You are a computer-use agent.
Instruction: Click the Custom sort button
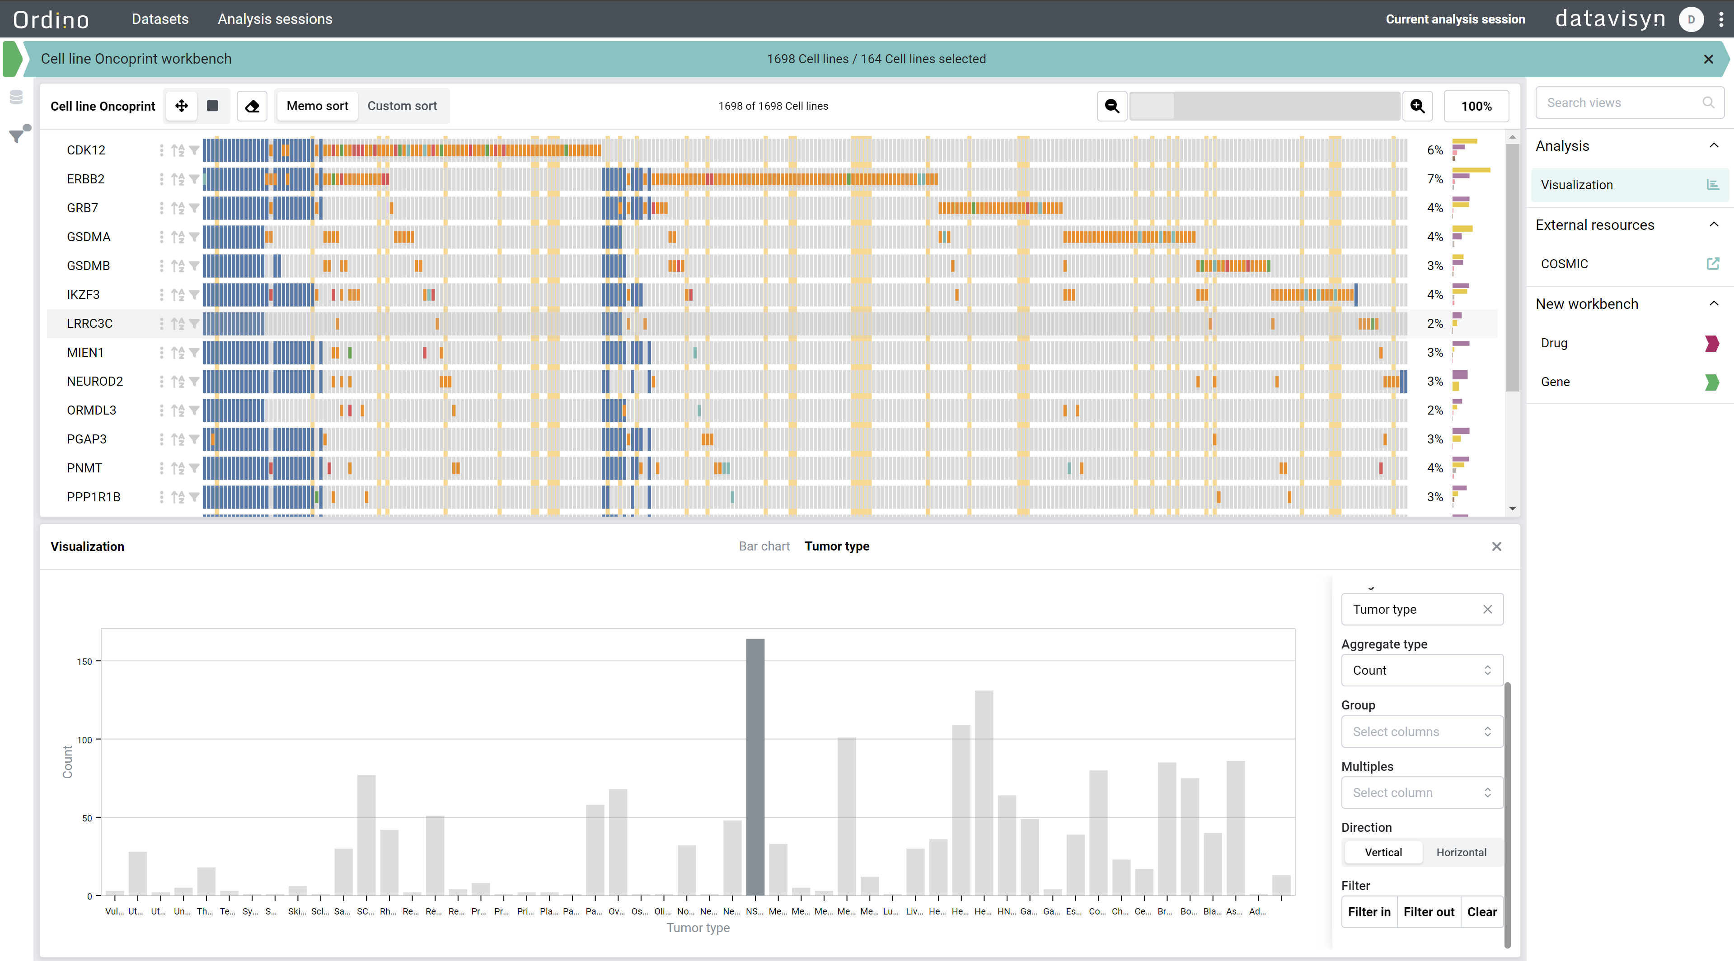click(402, 106)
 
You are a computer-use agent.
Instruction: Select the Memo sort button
click(317, 106)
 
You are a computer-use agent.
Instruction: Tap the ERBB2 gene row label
click(85, 179)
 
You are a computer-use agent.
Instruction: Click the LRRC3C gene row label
click(89, 324)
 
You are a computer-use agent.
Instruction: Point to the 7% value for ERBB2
click(1434, 179)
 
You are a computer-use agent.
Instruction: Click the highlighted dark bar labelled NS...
click(755, 767)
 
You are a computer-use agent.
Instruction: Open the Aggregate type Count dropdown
click(1422, 670)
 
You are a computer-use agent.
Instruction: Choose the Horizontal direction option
click(1461, 852)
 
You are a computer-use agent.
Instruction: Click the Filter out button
click(1429, 912)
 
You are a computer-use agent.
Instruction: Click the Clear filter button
click(1481, 912)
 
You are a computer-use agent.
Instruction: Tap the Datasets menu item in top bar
click(160, 19)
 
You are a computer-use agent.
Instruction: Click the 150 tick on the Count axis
click(84, 662)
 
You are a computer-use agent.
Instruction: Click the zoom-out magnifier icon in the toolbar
click(1112, 106)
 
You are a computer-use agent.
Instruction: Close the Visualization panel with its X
click(1496, 546)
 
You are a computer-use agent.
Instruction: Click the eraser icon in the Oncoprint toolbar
click(252, 106)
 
